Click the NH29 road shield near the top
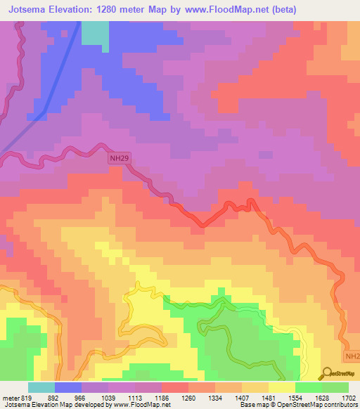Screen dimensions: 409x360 [119, 159]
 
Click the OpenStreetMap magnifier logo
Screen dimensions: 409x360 [327, 373]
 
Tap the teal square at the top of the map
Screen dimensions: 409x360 [96, 33]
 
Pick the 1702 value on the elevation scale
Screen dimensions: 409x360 [348, 398]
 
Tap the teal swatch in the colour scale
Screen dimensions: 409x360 [41, 387]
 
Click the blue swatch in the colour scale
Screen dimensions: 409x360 [68, 387]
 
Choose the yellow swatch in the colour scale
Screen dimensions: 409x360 [281, 387]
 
